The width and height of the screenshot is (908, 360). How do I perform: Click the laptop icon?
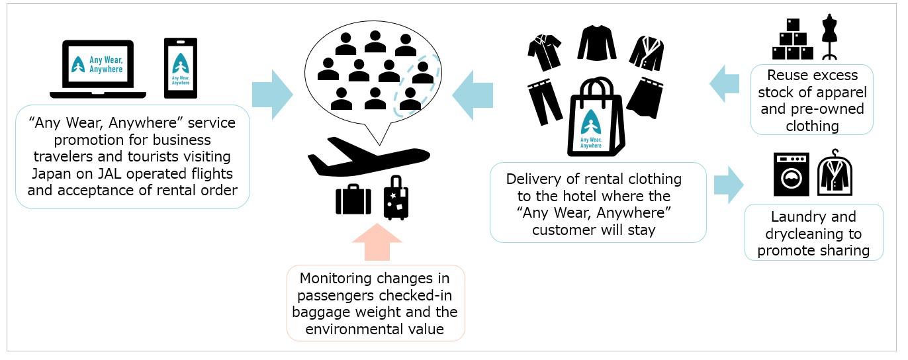98,68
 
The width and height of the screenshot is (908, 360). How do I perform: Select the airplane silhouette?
369,157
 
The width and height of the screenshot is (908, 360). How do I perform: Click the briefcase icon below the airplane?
353,200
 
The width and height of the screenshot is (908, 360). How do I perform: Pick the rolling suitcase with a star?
396,198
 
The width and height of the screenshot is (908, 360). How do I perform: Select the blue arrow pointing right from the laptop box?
272,95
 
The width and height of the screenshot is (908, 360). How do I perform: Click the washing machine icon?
791,175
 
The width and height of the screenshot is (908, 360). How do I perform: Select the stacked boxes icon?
792,39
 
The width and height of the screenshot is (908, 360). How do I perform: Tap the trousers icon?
545,102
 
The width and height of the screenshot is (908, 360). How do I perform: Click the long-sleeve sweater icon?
596,44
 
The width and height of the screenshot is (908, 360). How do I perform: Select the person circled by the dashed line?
422,73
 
